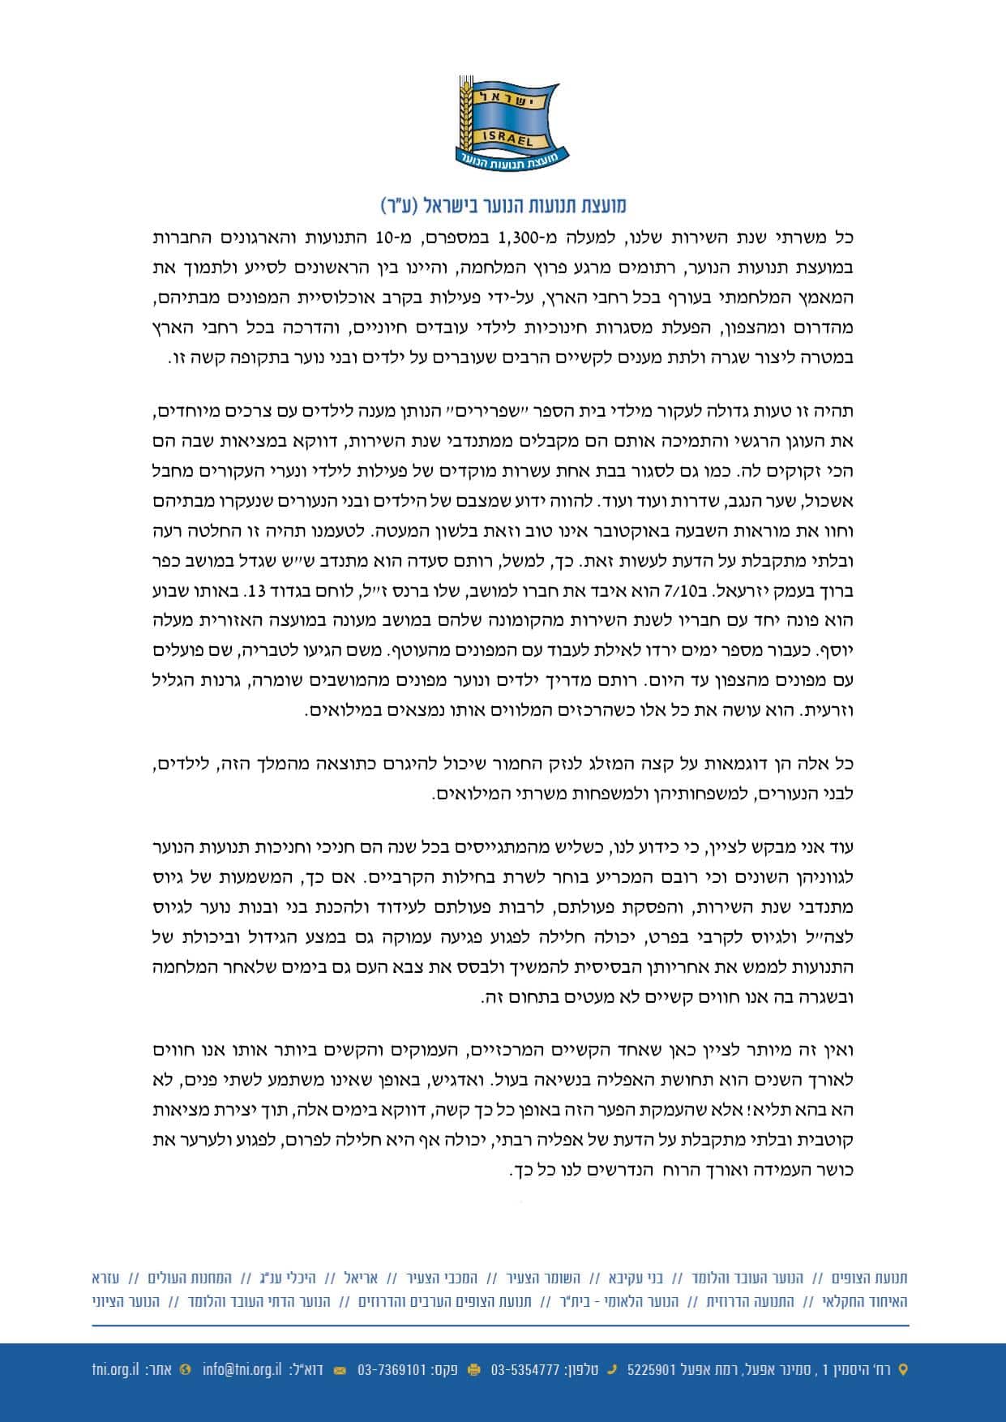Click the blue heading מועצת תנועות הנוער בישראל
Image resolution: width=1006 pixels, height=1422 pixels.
pos(503,205)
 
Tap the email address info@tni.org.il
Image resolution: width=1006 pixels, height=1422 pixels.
pos(242,1370)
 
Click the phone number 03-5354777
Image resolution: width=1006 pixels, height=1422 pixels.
pos(525,1370)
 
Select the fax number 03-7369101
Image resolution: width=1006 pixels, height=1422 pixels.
pos(392,1370)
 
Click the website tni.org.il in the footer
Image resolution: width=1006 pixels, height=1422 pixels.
pos(114,1370)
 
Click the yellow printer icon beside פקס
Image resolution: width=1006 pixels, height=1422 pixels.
pos(474,1370)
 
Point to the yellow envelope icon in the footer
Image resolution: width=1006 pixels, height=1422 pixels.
pos(340,1370)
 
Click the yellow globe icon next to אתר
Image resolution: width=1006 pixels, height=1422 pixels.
pos(186,1370)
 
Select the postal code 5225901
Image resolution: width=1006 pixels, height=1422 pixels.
pos(653,1370)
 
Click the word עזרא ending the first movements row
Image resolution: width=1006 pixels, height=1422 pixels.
pos(105,1279)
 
